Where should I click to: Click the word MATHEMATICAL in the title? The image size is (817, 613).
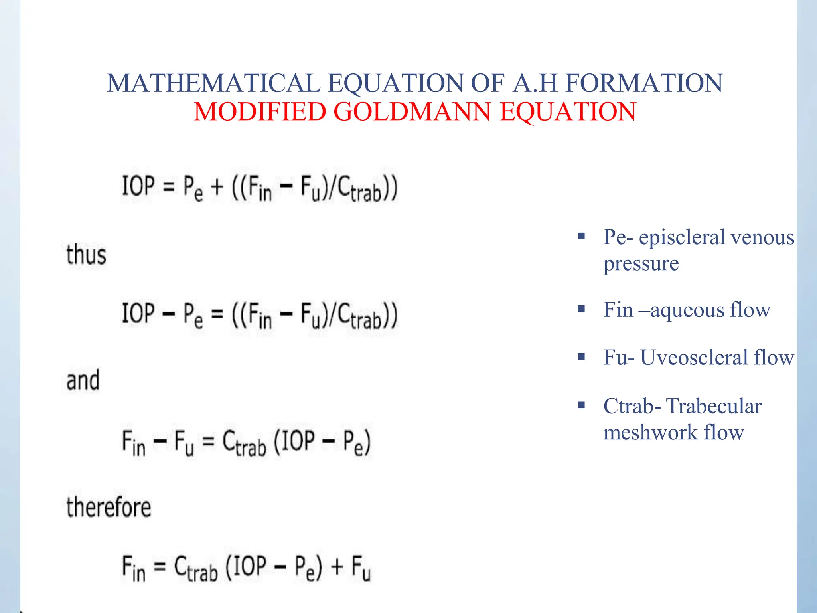(x=213, y=83)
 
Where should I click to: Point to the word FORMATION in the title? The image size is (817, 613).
(x=644, y=83)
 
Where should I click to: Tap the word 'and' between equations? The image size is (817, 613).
(x=83, y=380)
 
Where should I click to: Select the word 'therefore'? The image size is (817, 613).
(x=109, y=507)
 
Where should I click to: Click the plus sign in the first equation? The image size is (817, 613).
(x=217, y=187)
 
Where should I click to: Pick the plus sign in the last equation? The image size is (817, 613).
(x=337, y=566)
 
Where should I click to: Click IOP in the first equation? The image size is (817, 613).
(x=138, y=186)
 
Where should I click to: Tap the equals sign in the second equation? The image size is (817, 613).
(x=217, y=314)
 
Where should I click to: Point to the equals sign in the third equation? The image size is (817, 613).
(x=208, y=441)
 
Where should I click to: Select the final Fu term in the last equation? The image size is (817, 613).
(x=361, y=568)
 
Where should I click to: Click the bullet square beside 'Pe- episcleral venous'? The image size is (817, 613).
(x=582, y=236)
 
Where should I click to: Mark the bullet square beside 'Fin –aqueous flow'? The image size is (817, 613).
(x=582, y=308)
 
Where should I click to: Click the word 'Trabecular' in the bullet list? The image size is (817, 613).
(x=714, y=406)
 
